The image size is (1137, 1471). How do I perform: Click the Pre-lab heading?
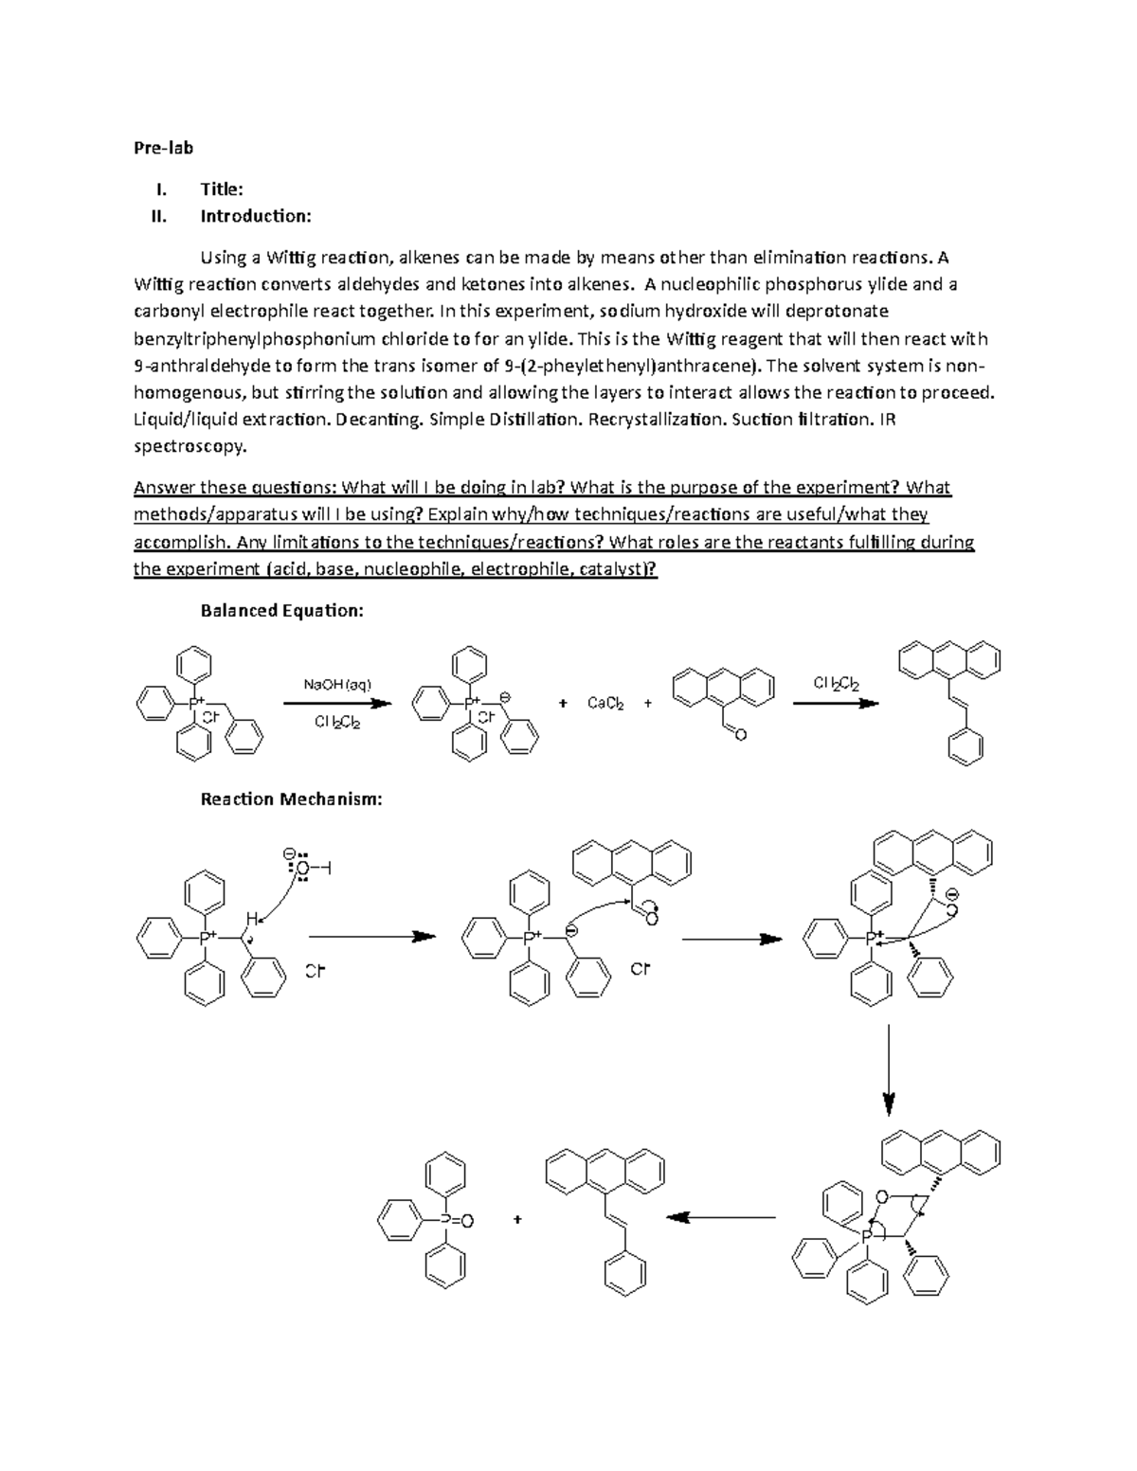click(x=163, y=148)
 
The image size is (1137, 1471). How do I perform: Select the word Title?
click(x=221, y=189)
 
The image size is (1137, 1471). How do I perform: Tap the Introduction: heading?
click(x=255, y=216)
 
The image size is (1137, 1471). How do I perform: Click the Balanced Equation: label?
click(x=281, y=611)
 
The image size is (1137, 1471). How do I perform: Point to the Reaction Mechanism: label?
click(x=291, y=799)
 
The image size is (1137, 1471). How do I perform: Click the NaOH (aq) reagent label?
click(x=337, y=684)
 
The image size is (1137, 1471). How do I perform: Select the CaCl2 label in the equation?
click(x=605, y=704)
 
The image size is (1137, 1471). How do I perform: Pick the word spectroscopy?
click(x=189, y=447)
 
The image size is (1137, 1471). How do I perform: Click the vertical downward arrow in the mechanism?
click(x=888, y=1070)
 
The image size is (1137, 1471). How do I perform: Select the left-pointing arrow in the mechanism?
click(x=721, y=1217)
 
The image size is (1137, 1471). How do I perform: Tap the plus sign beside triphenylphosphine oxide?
click(x=517, y=1220)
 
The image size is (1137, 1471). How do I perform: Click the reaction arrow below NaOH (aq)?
click(x=337, y=704)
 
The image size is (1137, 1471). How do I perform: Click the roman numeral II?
click(x=158, y=216)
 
